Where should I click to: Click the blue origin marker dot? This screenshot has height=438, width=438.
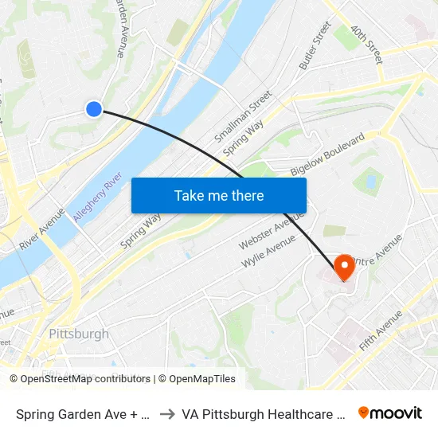(x=94, y=109)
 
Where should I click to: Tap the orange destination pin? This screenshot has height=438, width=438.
(x=345, y=267)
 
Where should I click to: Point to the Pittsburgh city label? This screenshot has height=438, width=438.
(x=78, y=334)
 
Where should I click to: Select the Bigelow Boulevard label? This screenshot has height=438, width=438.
(x=327, y=155)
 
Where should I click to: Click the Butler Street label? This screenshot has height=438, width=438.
(x=315, y=47)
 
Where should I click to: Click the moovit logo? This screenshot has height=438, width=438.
(x=390, y=413)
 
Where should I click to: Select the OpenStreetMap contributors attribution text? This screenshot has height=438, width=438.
(x=80, y=379)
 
